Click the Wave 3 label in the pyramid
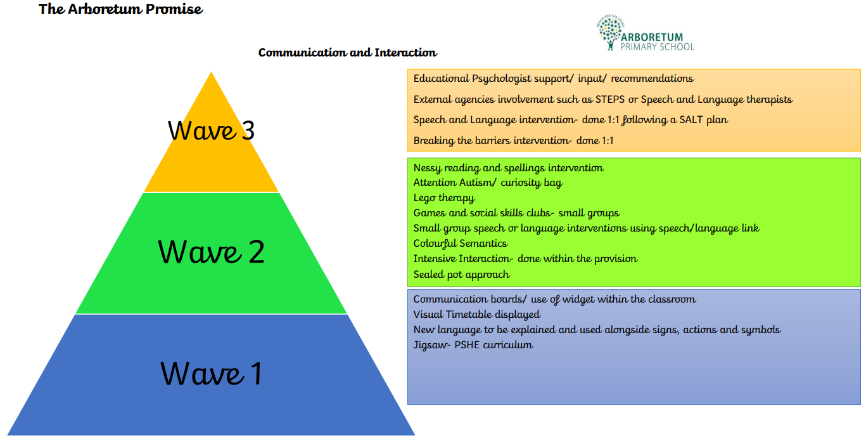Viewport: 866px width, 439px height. pos(211,131)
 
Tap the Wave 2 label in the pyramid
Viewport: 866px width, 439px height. pos(211,252)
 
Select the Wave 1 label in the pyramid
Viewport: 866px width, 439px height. pos(211,373)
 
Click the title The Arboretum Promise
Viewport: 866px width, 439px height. pos(120,10)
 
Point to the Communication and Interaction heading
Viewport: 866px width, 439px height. pos(347,53)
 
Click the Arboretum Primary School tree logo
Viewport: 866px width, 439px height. pos(609,34)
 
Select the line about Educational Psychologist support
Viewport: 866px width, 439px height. pos(553,79)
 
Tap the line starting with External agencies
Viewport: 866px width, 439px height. pos(602,100)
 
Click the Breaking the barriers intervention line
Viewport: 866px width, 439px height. pos(513,141)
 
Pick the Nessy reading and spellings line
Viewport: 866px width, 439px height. pos(508,168)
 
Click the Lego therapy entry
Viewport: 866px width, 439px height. pos(443,198)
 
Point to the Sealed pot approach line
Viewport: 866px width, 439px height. pos(461,275)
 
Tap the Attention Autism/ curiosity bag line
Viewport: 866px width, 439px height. pos(487,183)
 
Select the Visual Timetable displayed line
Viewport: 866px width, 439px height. pos(476,315)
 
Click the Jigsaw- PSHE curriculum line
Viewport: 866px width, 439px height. pos(473,345)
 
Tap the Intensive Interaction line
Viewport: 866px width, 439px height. pos(525,259)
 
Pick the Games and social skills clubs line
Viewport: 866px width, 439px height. pos(516,213)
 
